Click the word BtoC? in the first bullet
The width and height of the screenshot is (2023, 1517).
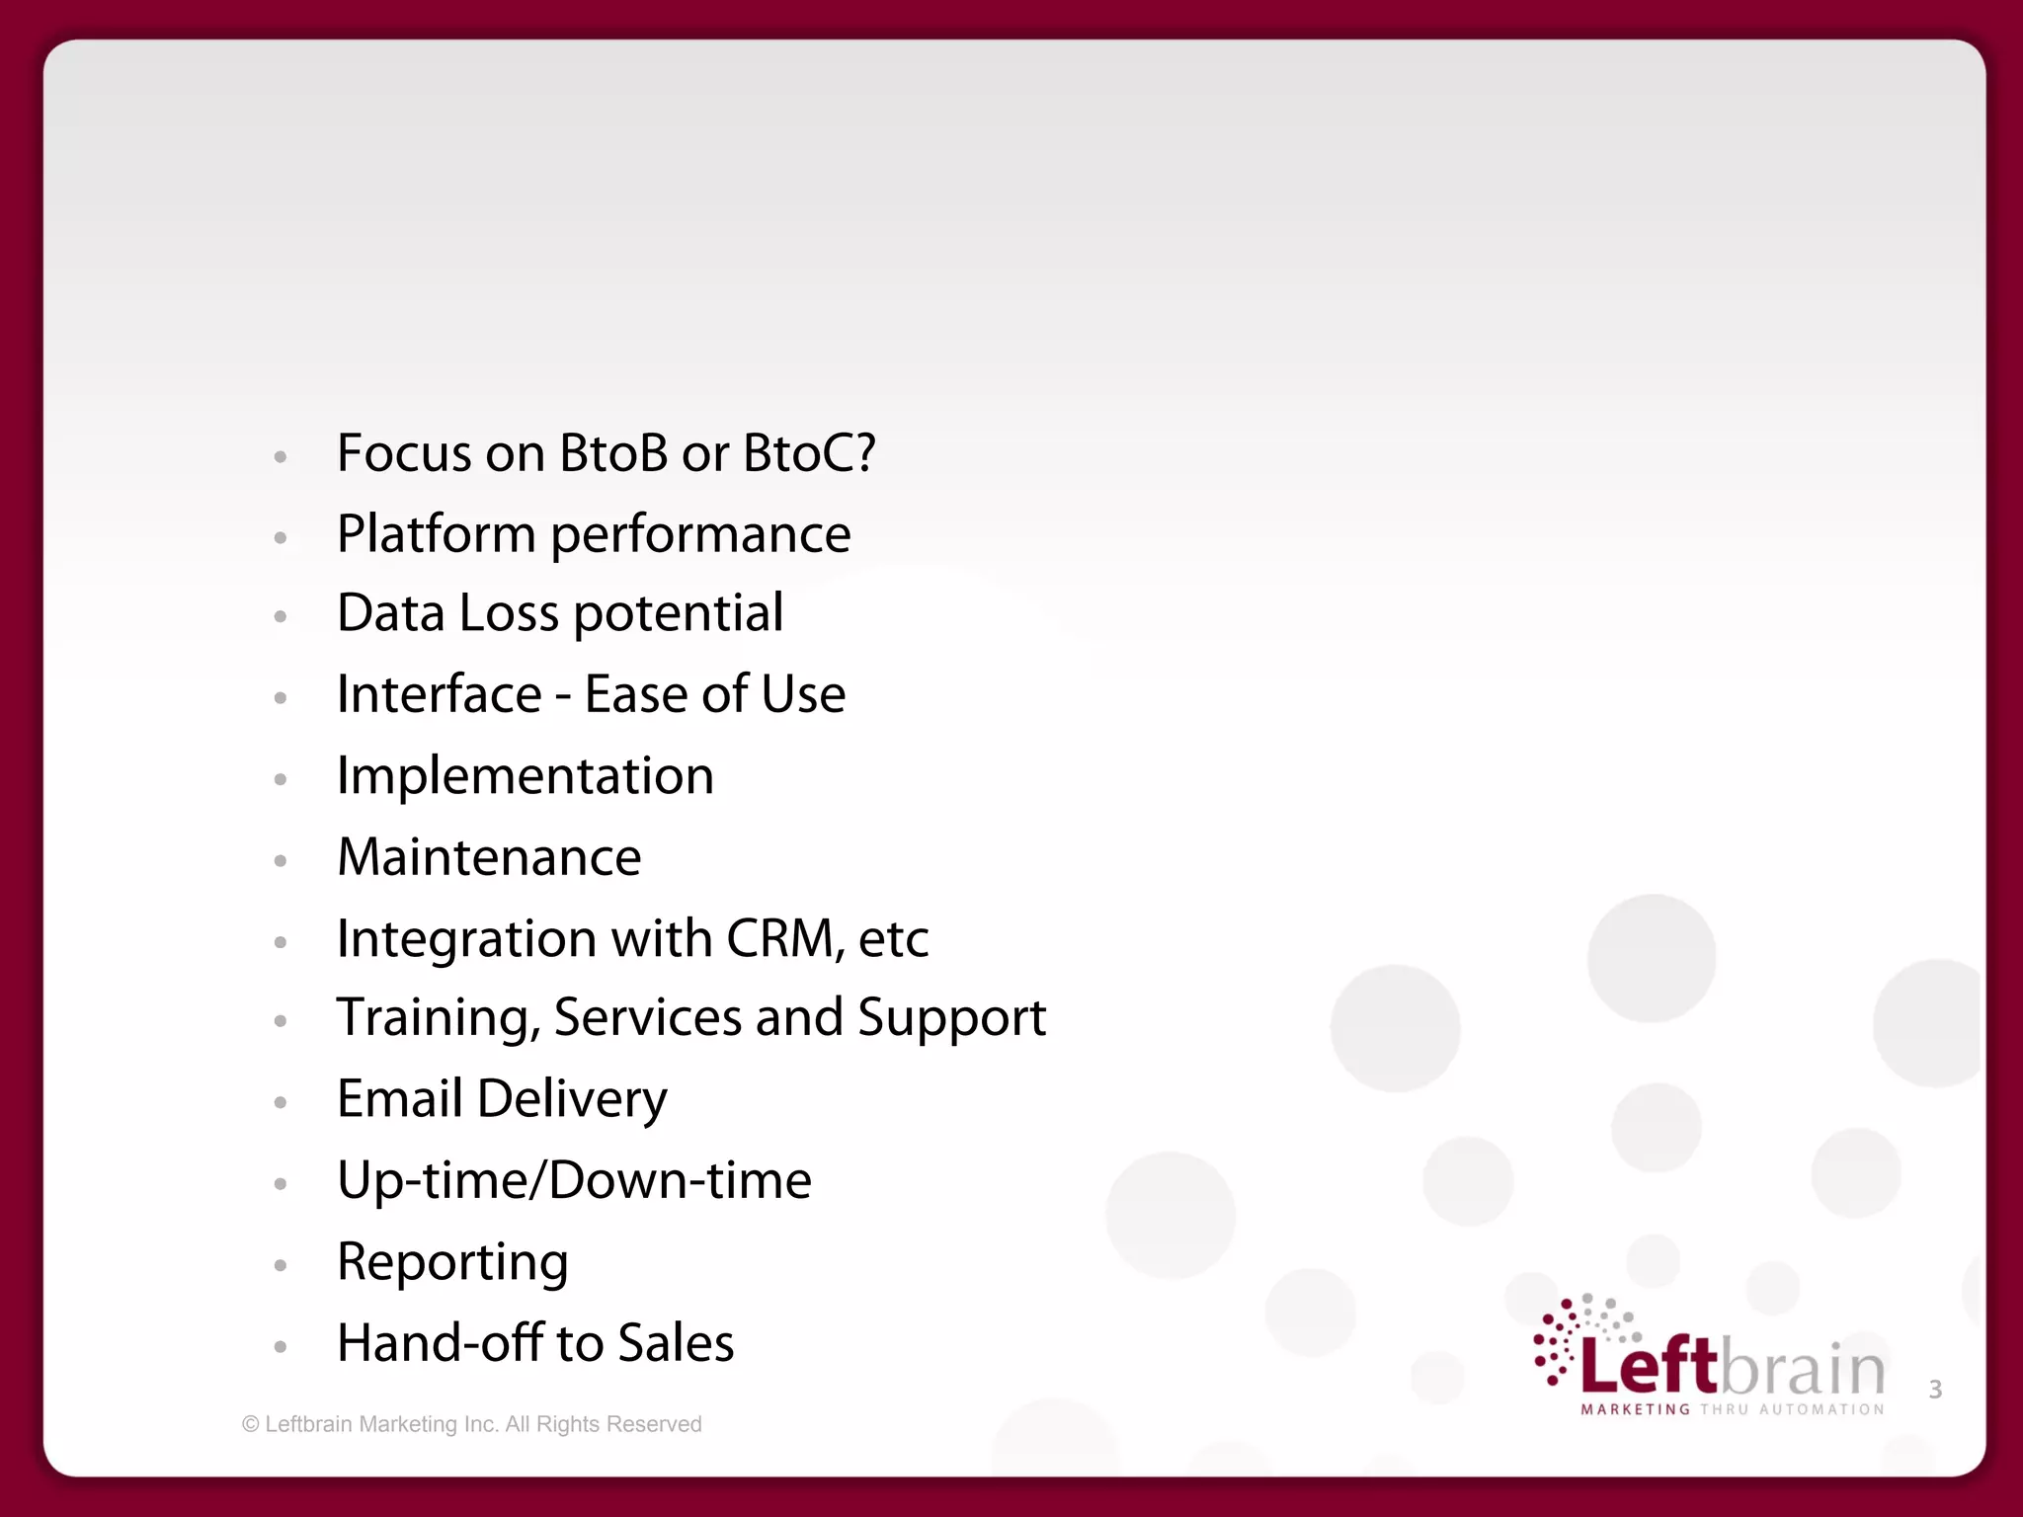pos(808,453)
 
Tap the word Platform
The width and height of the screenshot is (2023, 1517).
pos(436,534)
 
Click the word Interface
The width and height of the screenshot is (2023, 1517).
pos(439,694)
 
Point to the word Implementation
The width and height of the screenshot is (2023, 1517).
pos(525,776)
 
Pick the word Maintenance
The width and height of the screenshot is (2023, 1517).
pos(489,857)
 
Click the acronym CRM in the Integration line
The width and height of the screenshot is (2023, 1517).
pos(781,938)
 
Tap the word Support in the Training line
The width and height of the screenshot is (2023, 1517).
pos(951,1018)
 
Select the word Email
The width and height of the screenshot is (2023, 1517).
pos(399,1099)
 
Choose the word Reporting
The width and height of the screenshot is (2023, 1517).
pos(452,1262)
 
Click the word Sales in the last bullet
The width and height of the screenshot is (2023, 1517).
pos(676,1343)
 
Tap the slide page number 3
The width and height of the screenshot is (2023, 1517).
pos(1935,1390)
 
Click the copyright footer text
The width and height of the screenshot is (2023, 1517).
pos(471,1424)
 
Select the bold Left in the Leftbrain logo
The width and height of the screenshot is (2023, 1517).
pos(1649,1366)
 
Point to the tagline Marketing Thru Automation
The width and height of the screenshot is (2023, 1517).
pos(1733,1409)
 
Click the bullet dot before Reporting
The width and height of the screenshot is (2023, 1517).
pos(281,1265)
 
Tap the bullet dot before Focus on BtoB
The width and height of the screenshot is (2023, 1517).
pos(281,457)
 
